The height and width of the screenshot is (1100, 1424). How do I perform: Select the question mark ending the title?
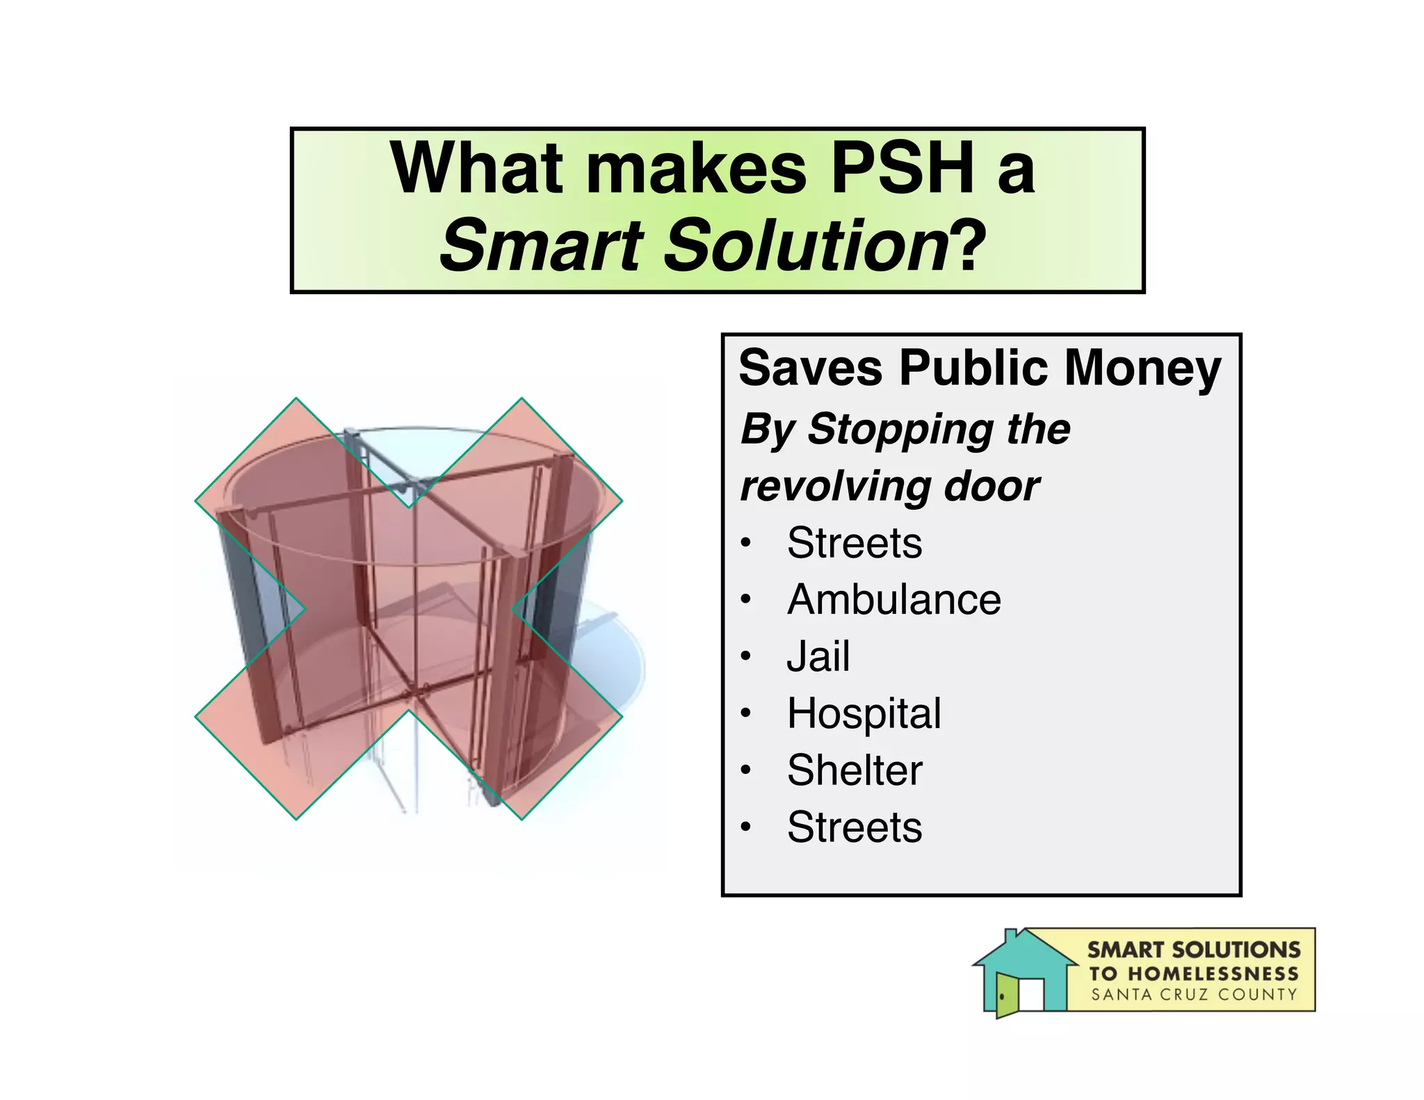coord(969,245)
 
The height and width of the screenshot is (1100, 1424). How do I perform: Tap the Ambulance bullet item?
coord(893,599)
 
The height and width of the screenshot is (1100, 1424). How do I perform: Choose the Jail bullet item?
coord(818,656)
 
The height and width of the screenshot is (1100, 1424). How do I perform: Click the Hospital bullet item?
coord(864,713)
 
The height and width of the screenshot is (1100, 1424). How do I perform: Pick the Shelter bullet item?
coord(855,770)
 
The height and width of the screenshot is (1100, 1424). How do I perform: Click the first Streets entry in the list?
coord(855,543)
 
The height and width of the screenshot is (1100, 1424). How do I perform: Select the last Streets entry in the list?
coord(855,827)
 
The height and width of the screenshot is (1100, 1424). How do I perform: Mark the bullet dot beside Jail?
coord(746,656)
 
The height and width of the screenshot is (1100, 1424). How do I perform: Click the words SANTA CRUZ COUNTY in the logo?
coord(1194,995)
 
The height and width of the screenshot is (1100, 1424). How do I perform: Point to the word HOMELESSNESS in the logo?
coord(1213,973)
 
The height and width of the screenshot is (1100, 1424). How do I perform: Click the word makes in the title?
coord(696,169)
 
